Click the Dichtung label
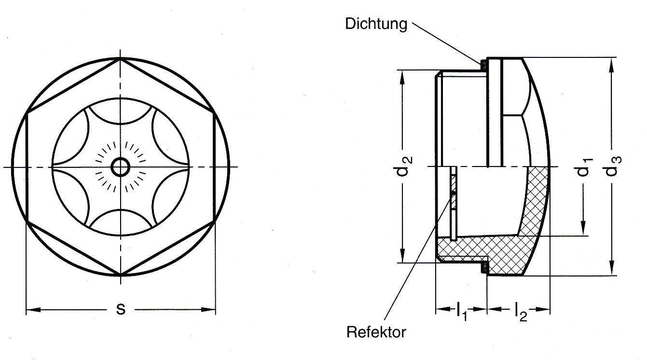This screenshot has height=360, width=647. (x=376, y=24)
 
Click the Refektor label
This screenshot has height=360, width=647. (x=376, y=332)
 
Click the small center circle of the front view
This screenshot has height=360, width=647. (x=120, y=167)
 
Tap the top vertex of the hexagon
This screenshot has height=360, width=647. (x=120, y=59)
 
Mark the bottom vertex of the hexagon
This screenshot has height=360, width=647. (x=120, y=276)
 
